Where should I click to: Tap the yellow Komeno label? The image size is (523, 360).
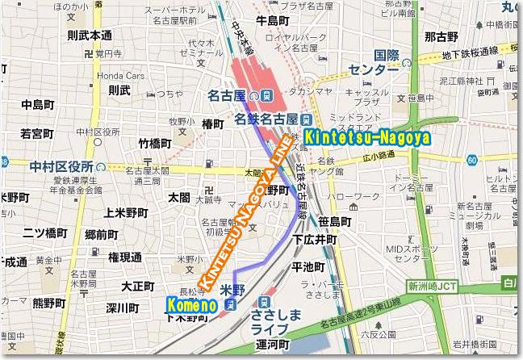191,305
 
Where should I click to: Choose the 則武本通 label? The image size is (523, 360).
90,36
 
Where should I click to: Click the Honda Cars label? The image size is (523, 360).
119,74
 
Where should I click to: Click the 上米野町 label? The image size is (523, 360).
127,213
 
